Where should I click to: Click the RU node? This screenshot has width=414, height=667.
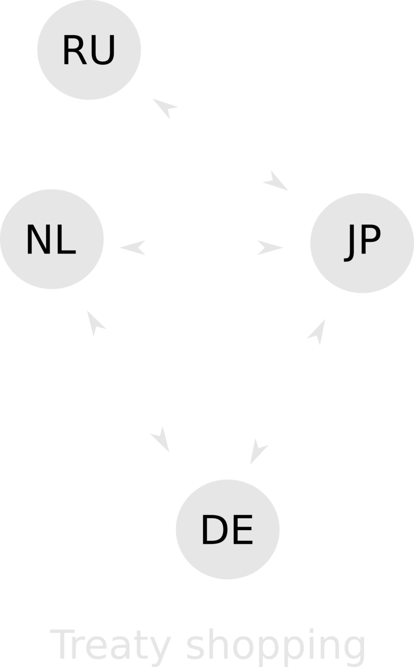pyautogui.click(x=89, y=49)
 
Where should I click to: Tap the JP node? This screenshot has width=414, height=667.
pyautogui.click(x=361, y=242)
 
